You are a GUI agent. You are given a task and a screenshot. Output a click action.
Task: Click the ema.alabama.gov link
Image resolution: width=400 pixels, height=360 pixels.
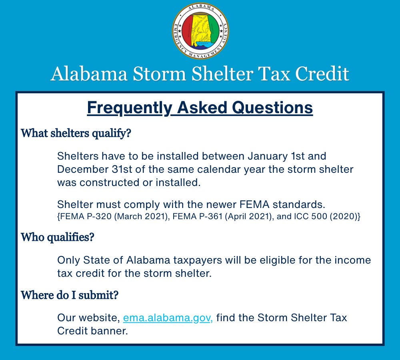point(168,318)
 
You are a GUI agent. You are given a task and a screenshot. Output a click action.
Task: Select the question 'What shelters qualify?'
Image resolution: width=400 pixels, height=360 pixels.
point(76,133)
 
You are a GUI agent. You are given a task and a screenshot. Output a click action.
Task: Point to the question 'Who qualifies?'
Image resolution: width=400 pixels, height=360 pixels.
point(57,238)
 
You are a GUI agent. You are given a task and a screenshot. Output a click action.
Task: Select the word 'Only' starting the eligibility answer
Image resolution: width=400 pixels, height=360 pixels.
point(69,260)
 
